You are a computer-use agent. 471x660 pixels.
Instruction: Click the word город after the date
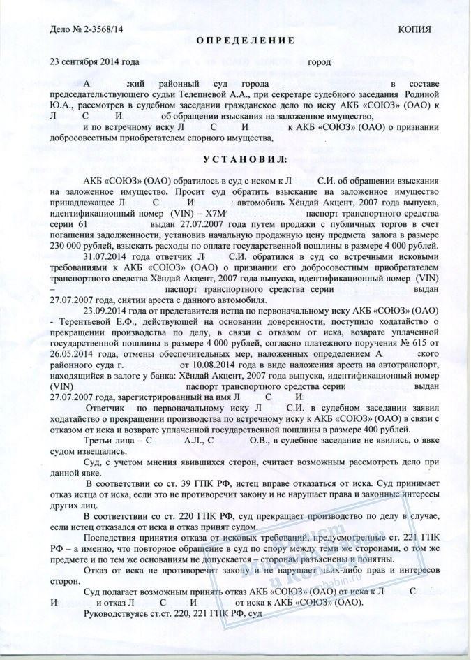pos(320,61)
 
